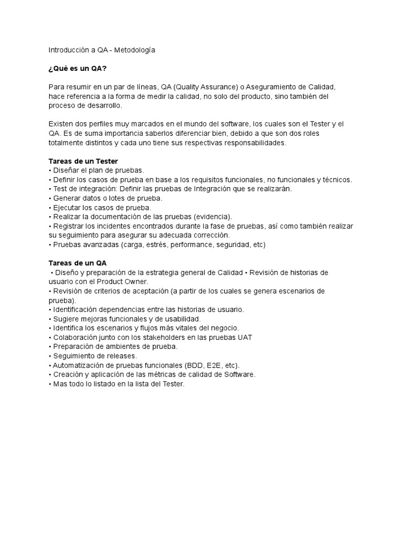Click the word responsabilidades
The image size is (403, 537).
[253, 143]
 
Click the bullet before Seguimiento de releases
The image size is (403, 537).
[50, 356]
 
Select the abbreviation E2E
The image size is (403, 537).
[210, 366]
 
